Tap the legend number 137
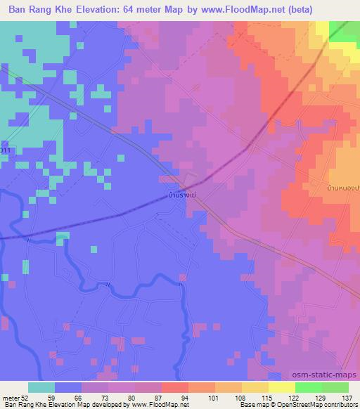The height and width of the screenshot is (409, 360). click(x=348, y=398)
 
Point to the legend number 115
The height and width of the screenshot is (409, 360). click(x=264, y=398)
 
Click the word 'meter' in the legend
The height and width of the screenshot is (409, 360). click(x=11, y=398)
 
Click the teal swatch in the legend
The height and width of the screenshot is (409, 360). click(x=41, y=387)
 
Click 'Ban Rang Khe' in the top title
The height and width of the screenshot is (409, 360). click(x=37, y=9)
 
